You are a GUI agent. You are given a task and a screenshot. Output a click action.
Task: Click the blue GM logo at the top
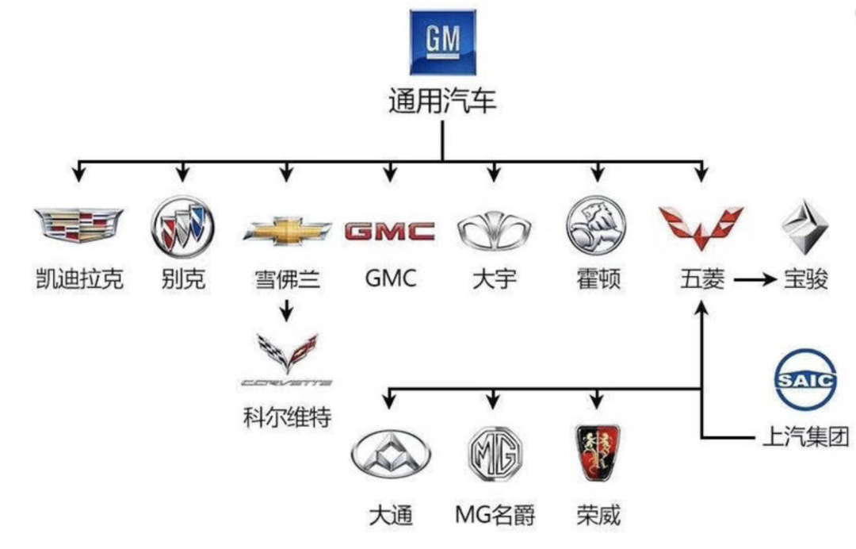tap(442, 42)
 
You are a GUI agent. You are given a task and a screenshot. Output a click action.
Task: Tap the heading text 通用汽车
tap(442, 102)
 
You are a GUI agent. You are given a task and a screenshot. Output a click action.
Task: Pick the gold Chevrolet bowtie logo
tap(287, 230)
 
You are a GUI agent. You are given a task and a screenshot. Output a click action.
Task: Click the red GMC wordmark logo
tap(390, 231)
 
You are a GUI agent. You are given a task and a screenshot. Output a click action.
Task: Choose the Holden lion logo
tap(596, 225)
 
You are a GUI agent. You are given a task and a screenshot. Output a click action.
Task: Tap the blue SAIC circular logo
tap(804, 381)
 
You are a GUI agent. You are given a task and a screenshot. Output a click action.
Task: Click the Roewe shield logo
tap(597, 453)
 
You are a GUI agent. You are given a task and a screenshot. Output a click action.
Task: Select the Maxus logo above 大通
tap(390, 455)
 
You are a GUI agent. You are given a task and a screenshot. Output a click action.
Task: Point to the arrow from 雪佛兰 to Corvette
tap(287, 309)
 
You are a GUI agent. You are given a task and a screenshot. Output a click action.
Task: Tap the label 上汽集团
tap(804, 436)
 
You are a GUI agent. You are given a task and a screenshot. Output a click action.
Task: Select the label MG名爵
tap(495, 516)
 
